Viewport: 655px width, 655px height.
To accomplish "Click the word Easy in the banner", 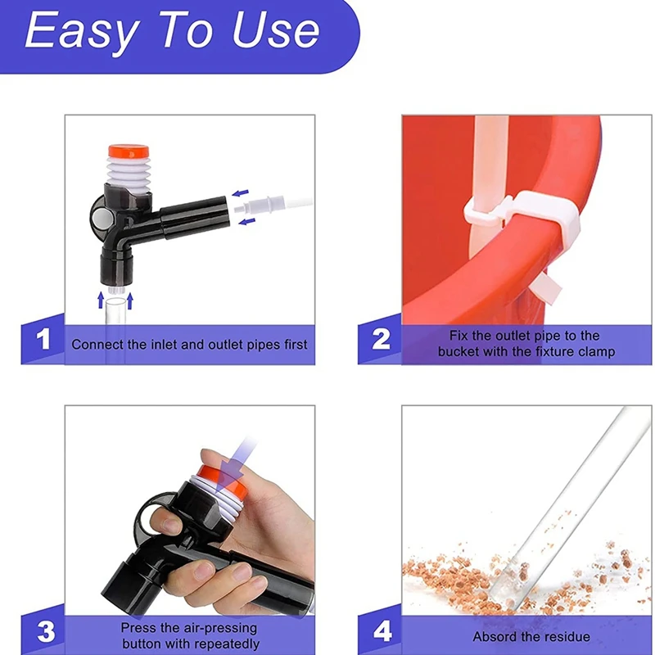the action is [x=82, y=31].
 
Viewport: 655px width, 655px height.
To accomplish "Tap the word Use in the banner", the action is [x=276, y=29].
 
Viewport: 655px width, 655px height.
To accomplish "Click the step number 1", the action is [x=43, y=339].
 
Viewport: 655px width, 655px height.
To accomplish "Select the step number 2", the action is [x=381, y=339].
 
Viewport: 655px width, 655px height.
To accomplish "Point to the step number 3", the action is [x=46, y=631].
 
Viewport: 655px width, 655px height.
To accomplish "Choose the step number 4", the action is [x=382, y=631].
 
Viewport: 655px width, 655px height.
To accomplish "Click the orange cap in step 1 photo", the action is [x=129, y=151].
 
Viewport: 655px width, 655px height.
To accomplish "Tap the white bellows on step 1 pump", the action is [x=129, y=173].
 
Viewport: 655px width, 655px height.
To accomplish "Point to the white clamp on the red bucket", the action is [x=522, y=216].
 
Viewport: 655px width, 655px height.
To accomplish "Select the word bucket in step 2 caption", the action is [x=458, y=351].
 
